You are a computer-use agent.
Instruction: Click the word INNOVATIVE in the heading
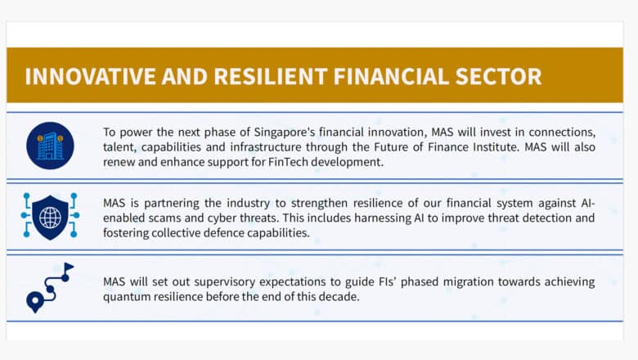pos(90,76)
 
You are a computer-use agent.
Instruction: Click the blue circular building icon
pos(50,146)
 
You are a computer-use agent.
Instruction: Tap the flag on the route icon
pos(69,267)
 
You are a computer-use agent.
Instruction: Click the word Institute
pos(496,146)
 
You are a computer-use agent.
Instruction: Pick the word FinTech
pos(288,162)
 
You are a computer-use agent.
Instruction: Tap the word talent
pos(119,147)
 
